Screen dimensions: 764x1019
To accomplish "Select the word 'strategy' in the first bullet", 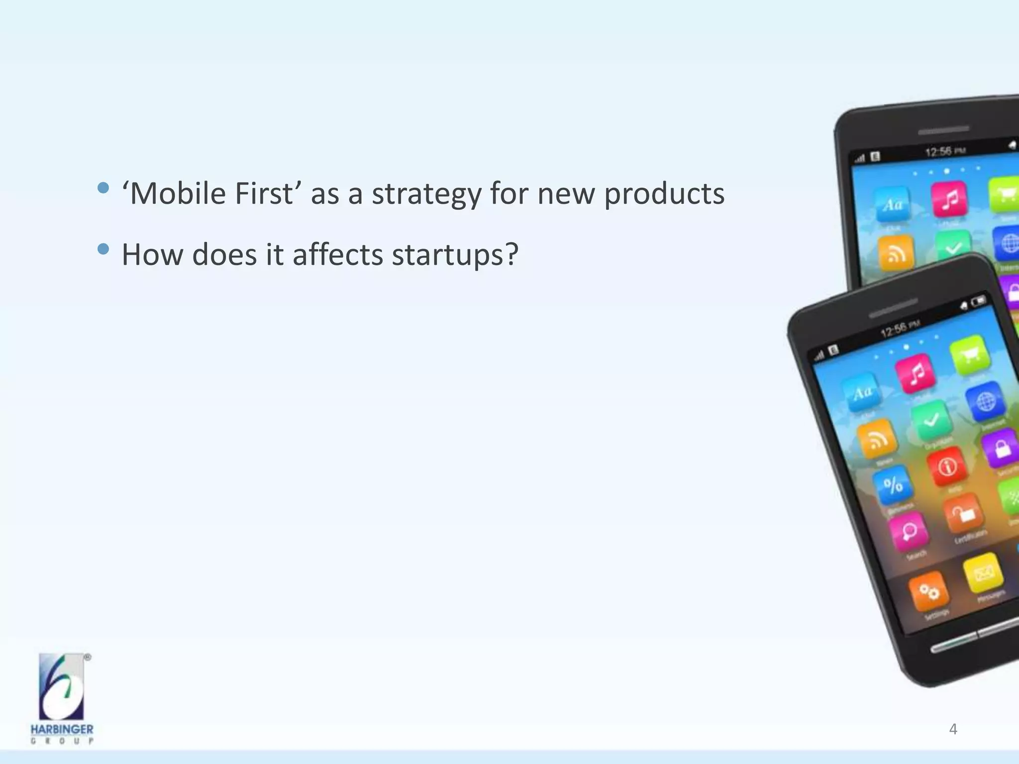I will [426, 194].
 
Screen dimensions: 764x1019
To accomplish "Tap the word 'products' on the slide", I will [664, 194].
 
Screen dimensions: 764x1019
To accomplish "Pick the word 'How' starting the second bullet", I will [152, 255].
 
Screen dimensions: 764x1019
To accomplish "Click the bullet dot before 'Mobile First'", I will [103, 188].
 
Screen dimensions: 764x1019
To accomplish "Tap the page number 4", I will [953, 729].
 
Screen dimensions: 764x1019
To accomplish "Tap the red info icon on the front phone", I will [947, 467].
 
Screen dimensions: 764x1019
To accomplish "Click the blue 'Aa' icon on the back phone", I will [893, 204].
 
